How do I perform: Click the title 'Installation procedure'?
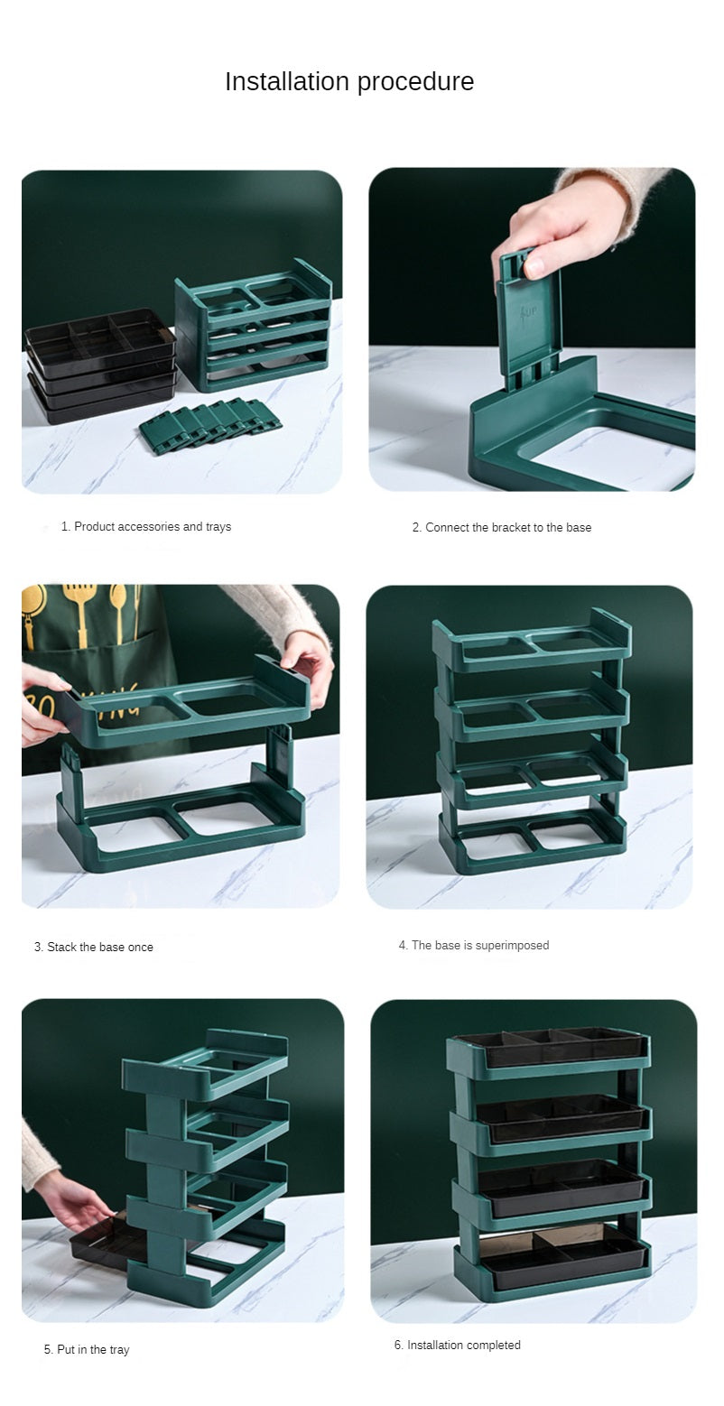349,81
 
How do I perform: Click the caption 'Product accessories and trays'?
153,527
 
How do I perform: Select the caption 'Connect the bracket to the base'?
508,527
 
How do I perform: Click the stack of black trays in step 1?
100,364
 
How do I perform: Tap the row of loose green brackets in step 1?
210,421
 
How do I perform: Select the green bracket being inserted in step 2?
527,320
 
